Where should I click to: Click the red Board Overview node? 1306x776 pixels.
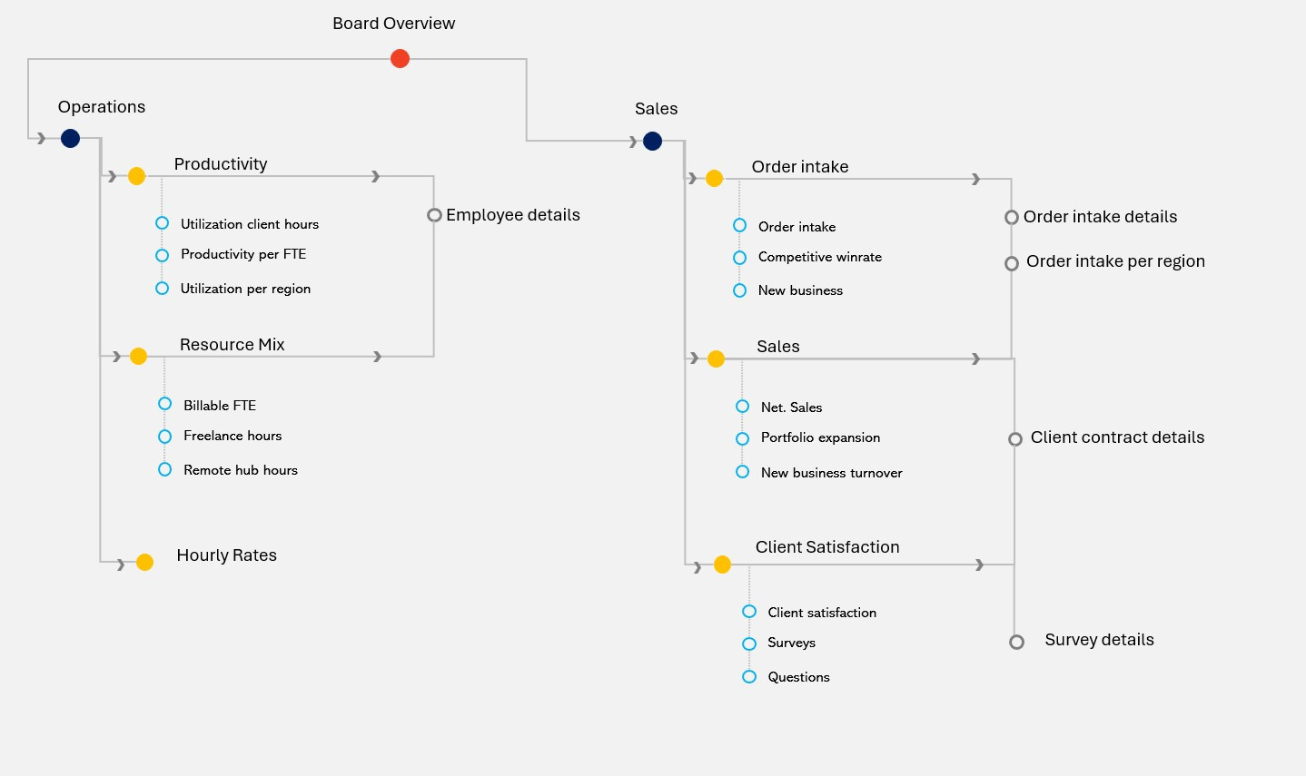400,59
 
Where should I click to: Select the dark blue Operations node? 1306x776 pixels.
70,139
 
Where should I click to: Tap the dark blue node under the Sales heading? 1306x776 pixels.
652,141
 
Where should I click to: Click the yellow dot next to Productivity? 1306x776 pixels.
136,176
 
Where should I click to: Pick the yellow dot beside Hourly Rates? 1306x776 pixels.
144,563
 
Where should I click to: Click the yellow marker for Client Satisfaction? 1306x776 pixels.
722,565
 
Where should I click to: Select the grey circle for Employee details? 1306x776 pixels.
434,215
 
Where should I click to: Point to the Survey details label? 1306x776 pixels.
1099,640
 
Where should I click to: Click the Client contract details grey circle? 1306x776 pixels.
1015,439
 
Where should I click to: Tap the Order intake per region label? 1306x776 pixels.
1115,261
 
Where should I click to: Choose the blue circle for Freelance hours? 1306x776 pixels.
164,437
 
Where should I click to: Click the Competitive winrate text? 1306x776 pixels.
819,257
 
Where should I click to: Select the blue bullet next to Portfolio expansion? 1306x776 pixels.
742,438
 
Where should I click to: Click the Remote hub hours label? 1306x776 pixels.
240,470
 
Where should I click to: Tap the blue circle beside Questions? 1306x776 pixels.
749,677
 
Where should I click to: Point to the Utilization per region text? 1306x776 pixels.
245,289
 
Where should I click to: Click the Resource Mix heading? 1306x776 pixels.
232,345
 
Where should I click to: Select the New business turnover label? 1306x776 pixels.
831,473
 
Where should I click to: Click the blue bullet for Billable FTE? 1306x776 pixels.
164,404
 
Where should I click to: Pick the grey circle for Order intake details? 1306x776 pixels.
1011,218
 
